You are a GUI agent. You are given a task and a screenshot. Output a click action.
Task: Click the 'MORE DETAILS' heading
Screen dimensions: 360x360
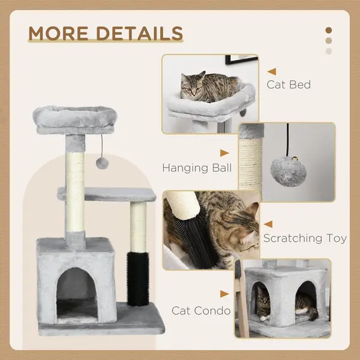coord(105,33)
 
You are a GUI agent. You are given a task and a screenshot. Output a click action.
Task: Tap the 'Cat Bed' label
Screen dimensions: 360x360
coord(288,84)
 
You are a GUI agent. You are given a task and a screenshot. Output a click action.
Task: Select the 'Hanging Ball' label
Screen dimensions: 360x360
coord(196,168)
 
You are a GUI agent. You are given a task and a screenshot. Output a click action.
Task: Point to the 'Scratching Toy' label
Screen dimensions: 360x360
coord(304,238)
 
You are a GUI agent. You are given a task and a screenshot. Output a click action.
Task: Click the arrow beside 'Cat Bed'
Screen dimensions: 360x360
coord(272,72)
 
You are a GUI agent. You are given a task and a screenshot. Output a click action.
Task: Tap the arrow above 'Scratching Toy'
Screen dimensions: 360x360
coord(268,224)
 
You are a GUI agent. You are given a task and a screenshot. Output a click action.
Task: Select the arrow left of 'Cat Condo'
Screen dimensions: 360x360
coord(224,294)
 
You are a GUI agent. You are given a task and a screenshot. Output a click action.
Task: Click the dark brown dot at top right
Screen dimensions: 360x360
coord(328,30)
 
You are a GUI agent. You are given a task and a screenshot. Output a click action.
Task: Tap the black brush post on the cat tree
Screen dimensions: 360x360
coord(137,279)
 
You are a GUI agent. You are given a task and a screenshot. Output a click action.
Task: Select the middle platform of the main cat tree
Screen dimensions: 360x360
coord(107,195)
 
